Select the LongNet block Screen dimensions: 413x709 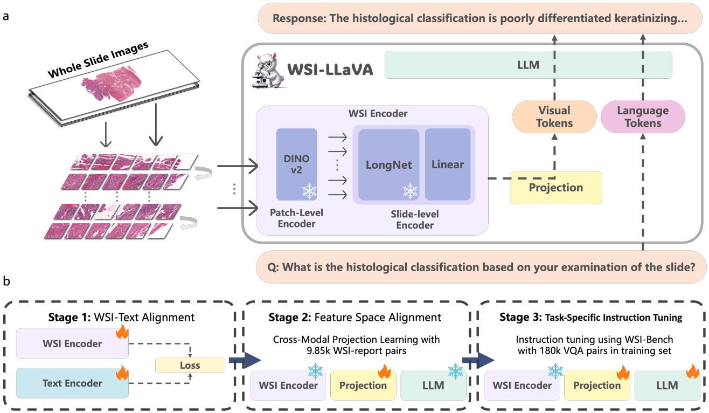(386, 165)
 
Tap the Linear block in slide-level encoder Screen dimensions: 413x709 (447, 164)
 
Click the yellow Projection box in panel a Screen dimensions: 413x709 (555, 188)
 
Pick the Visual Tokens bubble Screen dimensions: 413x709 (554, 116)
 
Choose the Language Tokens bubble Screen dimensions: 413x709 (642, 116)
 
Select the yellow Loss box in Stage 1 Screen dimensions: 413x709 (190, 365)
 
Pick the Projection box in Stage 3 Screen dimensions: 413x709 (596, 385)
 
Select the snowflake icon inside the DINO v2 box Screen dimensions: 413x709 (309, 191)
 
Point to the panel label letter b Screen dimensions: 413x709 (6, 281)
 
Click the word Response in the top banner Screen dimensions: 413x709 (295, 18)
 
